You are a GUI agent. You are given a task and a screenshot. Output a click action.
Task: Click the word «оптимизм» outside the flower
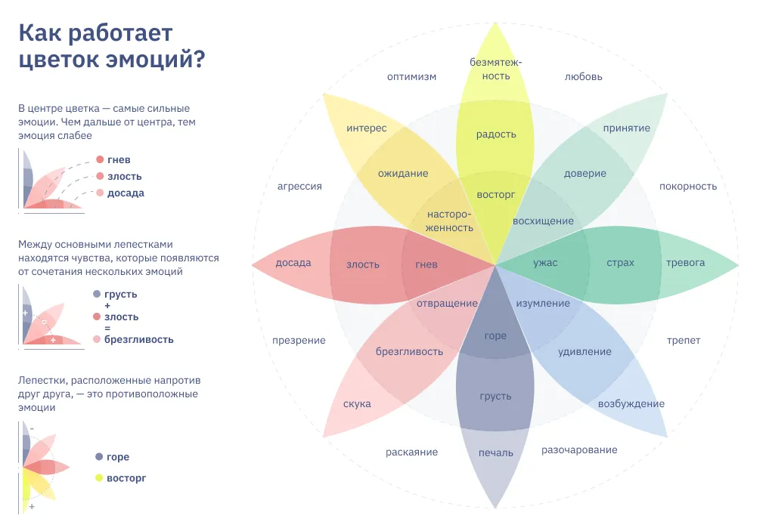tap(411, 77)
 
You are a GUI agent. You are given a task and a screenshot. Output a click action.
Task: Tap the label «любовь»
tap(583, 76)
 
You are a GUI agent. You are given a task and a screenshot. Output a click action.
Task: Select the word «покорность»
tap(688, 186)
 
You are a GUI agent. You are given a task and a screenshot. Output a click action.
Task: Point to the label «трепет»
tap(684, 341)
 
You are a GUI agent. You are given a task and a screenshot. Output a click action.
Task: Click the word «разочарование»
tap(579, 450)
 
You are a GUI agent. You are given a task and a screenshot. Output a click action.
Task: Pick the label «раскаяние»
tap(411, 452)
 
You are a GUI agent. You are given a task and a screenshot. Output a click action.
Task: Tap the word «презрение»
tap(299, 341)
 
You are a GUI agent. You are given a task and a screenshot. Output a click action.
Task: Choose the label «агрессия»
tap(299, 187)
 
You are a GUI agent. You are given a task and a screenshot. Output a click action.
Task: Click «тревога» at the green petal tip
tap(685, 263)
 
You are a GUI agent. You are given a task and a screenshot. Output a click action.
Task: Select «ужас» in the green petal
tap(545, 263)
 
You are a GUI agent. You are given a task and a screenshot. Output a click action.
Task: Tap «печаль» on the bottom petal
tap(495, 453)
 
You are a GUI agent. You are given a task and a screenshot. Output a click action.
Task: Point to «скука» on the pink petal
tap(357, 404)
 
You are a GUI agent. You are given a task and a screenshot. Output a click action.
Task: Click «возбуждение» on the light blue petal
tap(631, 404)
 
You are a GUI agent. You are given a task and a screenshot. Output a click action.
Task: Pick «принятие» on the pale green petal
tap(626, 128)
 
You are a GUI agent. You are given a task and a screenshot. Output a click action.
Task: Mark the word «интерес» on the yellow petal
tap(367, 128)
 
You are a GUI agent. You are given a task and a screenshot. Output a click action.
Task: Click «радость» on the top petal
tap(496, 134)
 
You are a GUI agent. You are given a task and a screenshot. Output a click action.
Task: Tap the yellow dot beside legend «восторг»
tap(99, 478)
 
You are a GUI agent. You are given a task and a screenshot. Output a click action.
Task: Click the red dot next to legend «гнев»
tap(100, 159)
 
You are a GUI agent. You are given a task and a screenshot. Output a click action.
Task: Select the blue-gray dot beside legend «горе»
tap(99, 457)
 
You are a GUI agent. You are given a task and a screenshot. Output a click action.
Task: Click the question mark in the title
tap(199, 59)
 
